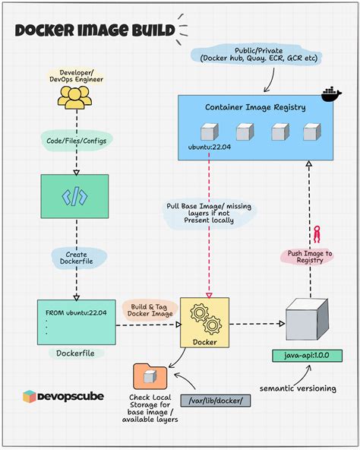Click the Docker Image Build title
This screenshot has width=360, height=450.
(95, 31)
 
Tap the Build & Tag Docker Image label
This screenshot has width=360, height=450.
(150, 310)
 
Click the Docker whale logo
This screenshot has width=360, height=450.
(331, 95)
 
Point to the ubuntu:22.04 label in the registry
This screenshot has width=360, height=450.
(210, 147)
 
